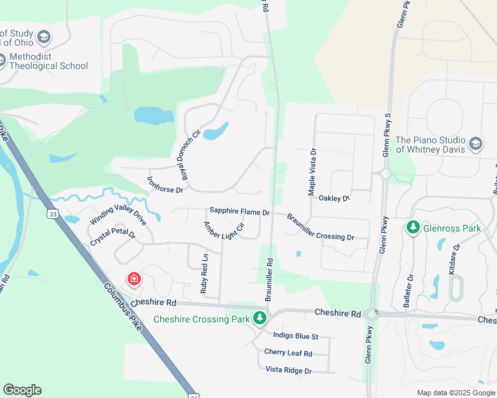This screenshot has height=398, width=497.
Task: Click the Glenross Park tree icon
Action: click(x=413, y=228)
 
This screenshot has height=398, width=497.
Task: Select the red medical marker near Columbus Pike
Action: click(x=134, y=279)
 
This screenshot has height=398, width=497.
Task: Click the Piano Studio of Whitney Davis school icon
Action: click(x=476, y=144)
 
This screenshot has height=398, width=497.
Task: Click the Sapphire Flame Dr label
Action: click(x=239, y=212)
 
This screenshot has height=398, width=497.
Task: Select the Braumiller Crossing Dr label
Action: click(x=320, y=227)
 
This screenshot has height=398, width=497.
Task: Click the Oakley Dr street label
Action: click(x=334, y=198)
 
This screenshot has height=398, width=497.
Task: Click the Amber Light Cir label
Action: click(x=224, y=230)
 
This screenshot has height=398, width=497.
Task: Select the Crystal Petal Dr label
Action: click(x=113, y=239)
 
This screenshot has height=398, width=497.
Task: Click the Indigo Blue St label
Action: click(x=296, y=336)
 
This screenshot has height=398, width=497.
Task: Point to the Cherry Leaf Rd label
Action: click(x=288, y=353)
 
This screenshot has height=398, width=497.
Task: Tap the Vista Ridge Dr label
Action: click(x=288, y=370)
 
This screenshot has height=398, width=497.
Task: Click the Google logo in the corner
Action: click(x=22, y=390)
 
